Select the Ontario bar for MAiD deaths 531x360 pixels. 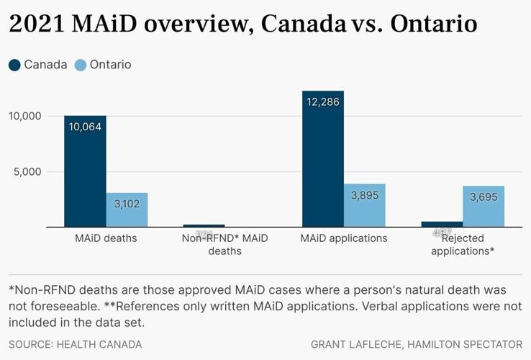pyautogui.click(x=127, y=210)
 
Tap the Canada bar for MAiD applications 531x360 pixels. pyautogui.click(x=323, y=159)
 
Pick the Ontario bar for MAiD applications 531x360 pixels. pyautogui.click(x=365, y=206)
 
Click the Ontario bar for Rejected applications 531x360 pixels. pyautogui.click(x=484, y=207)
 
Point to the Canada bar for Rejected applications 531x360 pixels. pyautogui.click(x=442, y=224)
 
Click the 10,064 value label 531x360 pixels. pyautogui.click(x=85, y=127)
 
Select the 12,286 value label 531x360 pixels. pyautogui.click(x=323, y=102)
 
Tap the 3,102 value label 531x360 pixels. pyautogui.click(x=127, y=204)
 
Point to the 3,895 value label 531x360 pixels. pyautogui.click(x=365, y=195)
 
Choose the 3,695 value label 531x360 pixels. pyautogui.click(x=484, y=197)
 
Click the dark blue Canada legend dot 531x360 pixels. pyautogui.click(x=15, y=65)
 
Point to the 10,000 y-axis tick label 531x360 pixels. pyautogui.click(x=26, y=116)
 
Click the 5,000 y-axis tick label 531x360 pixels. pyautogui.click(x=29, y=172)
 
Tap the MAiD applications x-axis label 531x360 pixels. pyautogui.click(x=344, y=238)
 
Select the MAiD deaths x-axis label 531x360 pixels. pyautogui.click(x=106, y=238)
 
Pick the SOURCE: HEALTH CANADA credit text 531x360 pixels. pyautogui.click(x=76, y=345)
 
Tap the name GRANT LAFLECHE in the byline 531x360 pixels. pyautogui.click(x=355, y=345)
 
